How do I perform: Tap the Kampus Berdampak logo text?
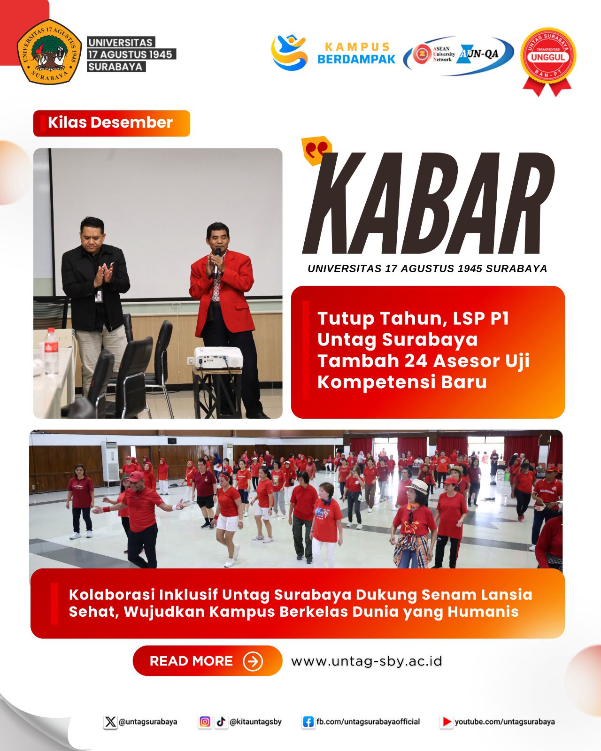coord(357,53)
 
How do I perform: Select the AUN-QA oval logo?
coord(458,55)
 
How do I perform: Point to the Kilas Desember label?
coord(111,123)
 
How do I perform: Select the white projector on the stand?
coord(218,357)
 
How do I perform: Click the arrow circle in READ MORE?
coord(253,661)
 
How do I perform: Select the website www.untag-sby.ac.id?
coord(367,661)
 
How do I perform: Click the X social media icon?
coord(110,722)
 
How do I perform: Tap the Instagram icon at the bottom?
coord(205,722)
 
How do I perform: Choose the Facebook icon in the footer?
coord(308,722)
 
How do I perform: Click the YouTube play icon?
coord(446,722)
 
